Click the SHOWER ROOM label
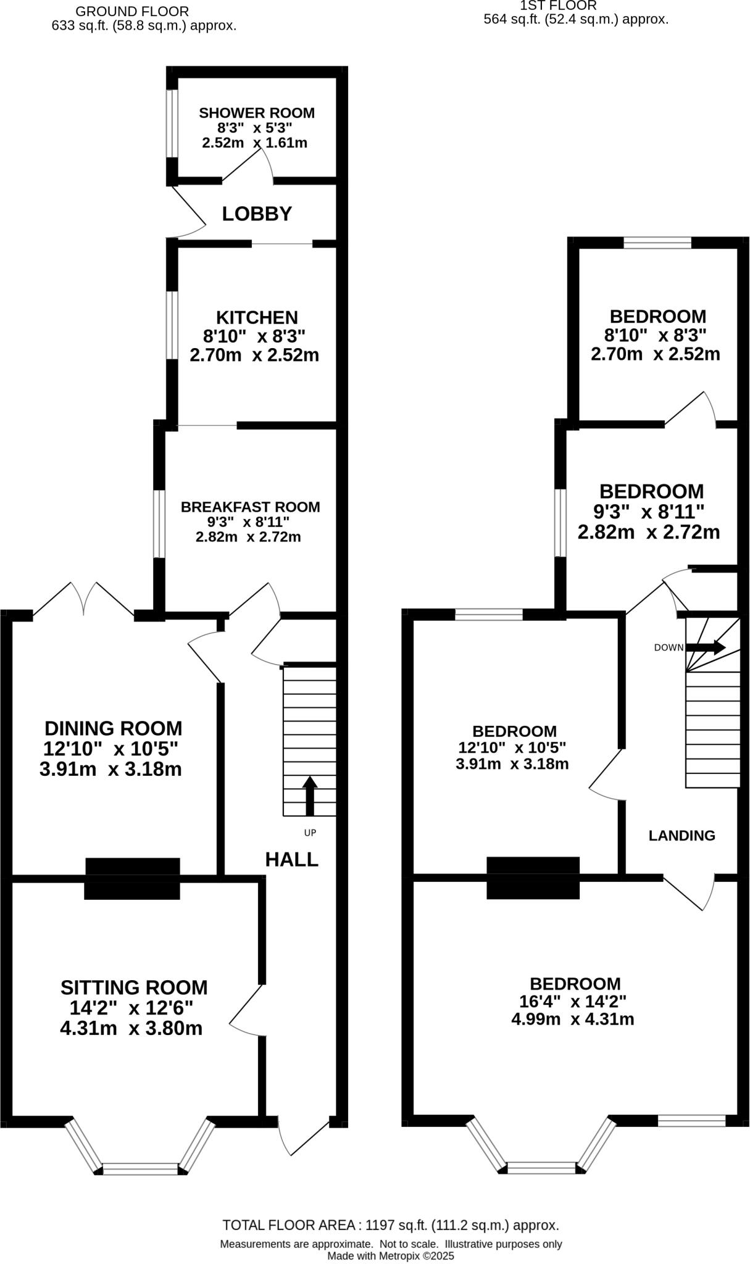[256, 113]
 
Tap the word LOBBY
[257, 214]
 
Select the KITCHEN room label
[257, 317]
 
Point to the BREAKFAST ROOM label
[250, 507]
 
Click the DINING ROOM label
[113, 728]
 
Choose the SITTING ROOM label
[134, 987]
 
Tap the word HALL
[291, 859]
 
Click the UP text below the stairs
[310, 833]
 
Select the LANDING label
[681, 835]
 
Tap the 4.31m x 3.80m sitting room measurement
[131, 1029]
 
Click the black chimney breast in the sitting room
[132, 878]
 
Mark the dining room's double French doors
[83, 598]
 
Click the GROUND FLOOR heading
[131, 11]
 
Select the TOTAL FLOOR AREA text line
[390, 1225]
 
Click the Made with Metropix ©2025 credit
[390, 1255]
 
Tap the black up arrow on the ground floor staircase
[310, 796]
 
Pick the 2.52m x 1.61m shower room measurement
[254, 143]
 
